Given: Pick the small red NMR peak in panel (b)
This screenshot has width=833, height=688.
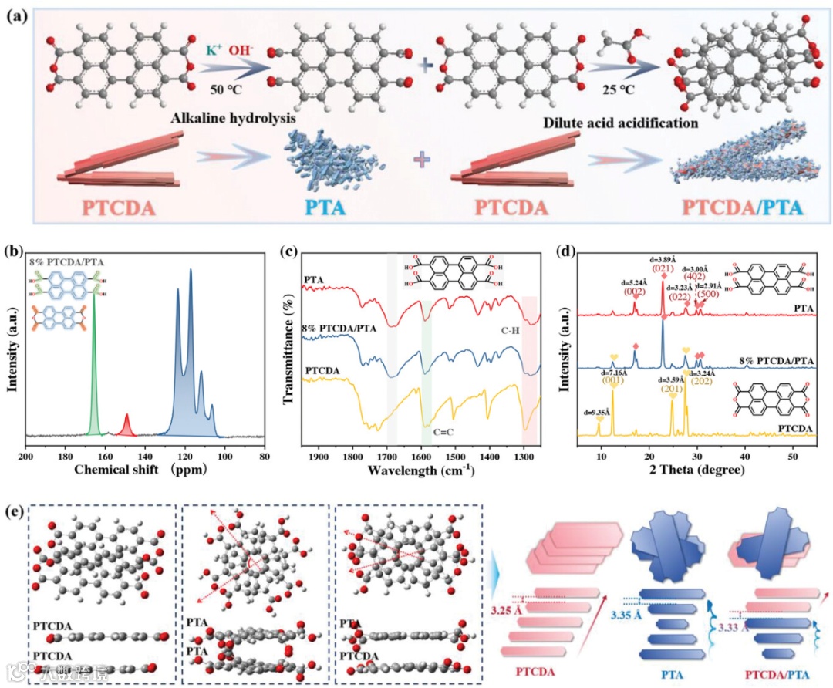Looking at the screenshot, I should (126, 423).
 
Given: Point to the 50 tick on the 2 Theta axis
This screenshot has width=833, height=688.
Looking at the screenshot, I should (792, 457).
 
